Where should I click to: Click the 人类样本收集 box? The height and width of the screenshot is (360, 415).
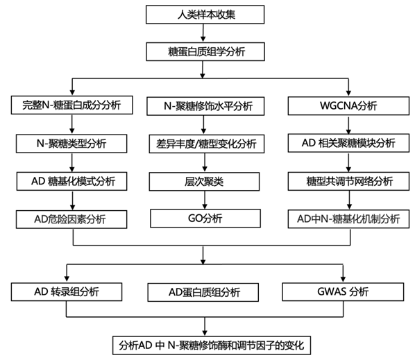[205, 15]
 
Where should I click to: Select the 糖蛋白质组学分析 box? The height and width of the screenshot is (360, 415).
[205, 51]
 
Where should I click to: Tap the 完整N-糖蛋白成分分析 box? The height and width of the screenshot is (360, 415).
[72, 105]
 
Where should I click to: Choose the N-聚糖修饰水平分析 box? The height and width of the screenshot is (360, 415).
[205, 106]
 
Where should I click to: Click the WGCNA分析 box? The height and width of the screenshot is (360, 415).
[348, 106]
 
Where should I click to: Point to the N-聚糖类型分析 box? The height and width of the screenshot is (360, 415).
[71, 144]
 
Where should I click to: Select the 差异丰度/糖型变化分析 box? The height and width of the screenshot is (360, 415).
[207, 144]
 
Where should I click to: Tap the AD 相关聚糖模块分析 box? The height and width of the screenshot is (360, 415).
[348, 143]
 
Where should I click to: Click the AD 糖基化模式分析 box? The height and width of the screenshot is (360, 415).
[71, 182]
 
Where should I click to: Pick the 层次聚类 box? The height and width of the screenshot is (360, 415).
[204, 182]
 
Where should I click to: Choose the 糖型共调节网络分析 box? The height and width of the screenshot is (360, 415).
[348, 181]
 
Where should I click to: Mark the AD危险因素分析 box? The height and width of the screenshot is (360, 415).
[71, 219]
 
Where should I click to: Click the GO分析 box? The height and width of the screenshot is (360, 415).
[205, 218]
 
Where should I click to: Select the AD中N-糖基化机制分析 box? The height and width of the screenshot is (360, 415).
[348, 219]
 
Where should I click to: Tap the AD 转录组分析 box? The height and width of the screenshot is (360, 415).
[67, 292]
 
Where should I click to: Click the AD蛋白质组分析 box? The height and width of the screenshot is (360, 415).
[203, 292]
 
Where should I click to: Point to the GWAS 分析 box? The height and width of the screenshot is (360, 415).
[343, 292]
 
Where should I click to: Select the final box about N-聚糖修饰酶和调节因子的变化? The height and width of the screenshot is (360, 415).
[212, 345]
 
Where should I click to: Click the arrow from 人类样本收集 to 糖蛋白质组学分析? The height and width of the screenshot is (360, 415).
[203, 33]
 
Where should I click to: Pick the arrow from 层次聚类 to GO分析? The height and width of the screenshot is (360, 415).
[205, 200]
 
